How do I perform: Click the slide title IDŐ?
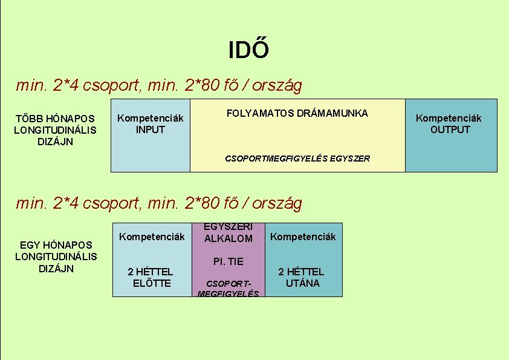pyautogui.click(x=248, y=50)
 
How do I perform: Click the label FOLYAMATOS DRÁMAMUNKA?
pyautogui.click(x=297, y=113)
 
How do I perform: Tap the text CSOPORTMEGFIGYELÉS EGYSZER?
pyautogui.click(x=297, y=158)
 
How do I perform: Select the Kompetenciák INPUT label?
pyautogui.click(x=150, y=123)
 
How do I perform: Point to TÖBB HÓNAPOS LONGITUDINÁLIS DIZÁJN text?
pyautogui.click(x=54, y=130)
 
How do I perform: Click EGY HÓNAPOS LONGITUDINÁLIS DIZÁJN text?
pyautogui.click(x=56, y=257)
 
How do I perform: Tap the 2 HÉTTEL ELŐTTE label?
pyautogui.click(x=151, y=277)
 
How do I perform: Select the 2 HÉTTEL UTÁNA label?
pyautogui.click(x=302, y=277)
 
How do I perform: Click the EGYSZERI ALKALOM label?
pyautogui.click(x=229, y=232)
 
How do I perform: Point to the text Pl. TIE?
pyautogui.click(x=228, y=261)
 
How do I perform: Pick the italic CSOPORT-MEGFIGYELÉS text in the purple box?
pyautogui.click(x=228, y=289)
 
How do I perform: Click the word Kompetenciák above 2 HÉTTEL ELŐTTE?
pyautogui.click(x=152, y=237)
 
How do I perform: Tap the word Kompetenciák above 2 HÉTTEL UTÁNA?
pyautogui.click(x=302, y=237)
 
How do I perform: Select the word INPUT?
pyautogui.click(x=150, y=129)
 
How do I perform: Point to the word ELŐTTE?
pyautogui.click(x=151, y=283)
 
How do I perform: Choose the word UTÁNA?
pyautogui.click(x=302, y=283)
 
